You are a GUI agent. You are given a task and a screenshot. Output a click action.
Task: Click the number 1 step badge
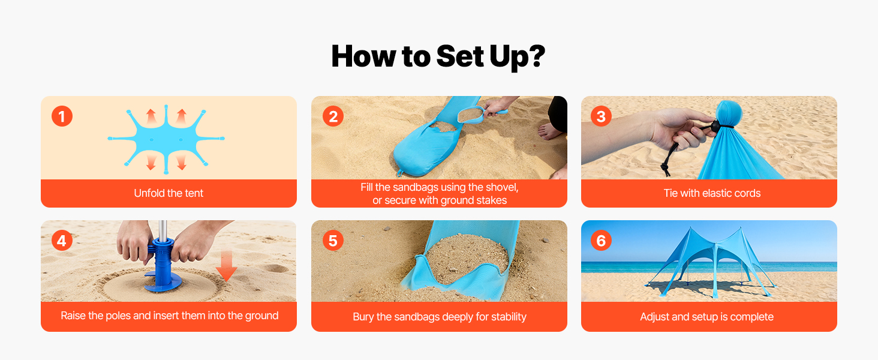click(62, 116)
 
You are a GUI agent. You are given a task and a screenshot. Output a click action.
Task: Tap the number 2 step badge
click(333, 116)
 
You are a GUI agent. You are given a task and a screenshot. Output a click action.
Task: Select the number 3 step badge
click(601, 116)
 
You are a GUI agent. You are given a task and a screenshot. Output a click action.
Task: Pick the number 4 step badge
click(62, 241)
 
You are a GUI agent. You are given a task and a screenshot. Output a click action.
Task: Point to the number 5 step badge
click(333, 241)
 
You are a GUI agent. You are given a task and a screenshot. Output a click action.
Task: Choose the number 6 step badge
click(601, 241)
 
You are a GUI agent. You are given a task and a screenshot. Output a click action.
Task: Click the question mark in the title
click(534, 56)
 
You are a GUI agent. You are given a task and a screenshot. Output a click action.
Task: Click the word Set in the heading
click(460, 56)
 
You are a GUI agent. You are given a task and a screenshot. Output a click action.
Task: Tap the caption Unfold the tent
click(169, 193)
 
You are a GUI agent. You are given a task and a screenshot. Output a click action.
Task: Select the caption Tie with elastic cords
click(712, 193)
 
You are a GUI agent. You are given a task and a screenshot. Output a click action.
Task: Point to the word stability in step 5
click(507, 317)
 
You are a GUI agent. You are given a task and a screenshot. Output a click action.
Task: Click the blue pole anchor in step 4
click(161, 266)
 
